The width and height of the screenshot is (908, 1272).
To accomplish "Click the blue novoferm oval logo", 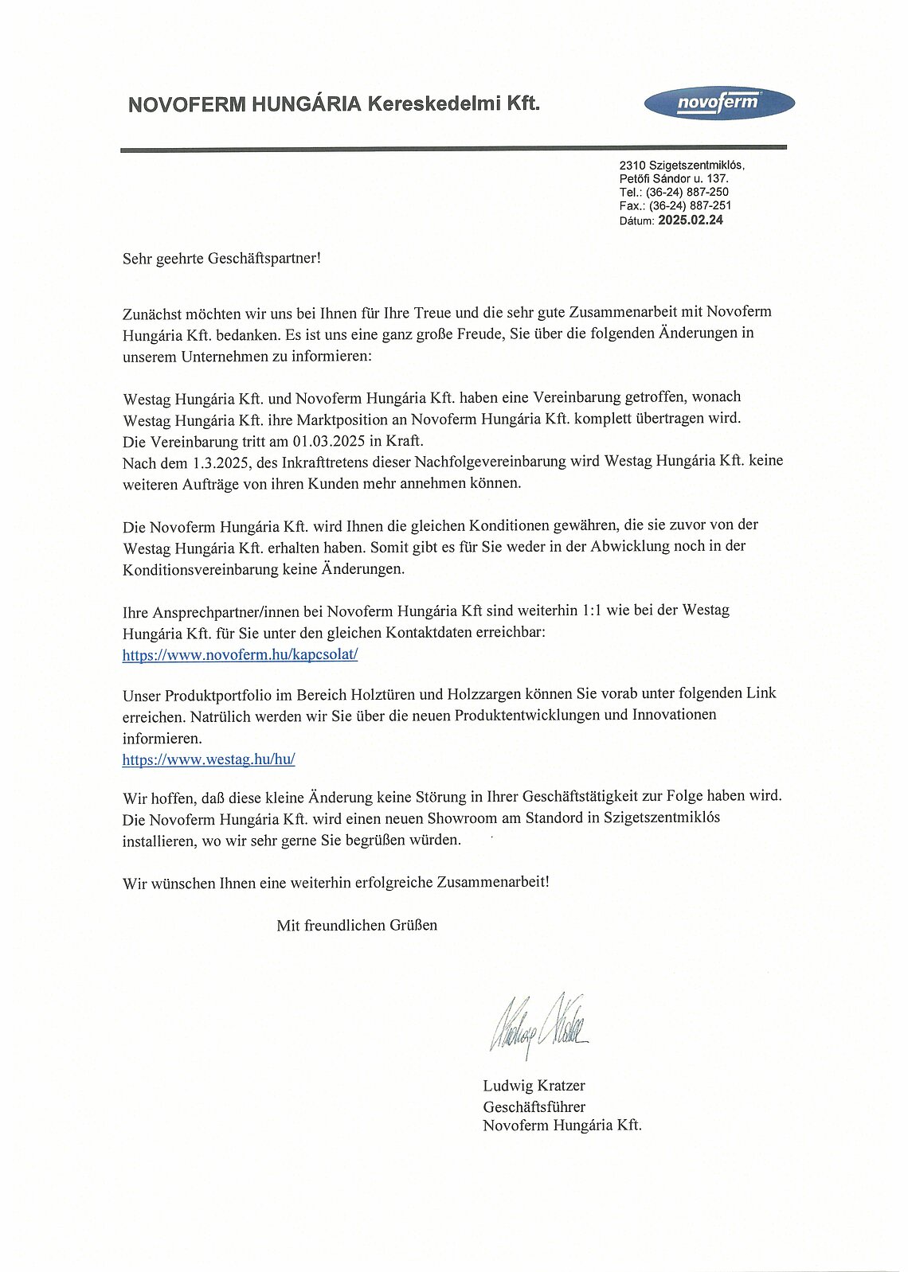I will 718,103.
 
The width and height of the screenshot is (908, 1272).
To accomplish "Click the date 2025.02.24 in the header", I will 691,220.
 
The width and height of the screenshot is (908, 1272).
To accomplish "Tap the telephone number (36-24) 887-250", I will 687,192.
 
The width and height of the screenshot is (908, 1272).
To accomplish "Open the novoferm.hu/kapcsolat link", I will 240,654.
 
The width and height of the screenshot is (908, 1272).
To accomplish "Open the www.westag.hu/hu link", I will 209,759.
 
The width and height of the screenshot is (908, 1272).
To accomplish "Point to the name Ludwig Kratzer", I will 534,1086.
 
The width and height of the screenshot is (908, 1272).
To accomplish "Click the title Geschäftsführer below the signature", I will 534,1106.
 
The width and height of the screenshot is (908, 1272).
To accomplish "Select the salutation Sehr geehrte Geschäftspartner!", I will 221,259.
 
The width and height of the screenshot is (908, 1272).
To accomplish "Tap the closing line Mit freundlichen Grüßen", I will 357,925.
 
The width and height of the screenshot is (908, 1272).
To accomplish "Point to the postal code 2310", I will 632,165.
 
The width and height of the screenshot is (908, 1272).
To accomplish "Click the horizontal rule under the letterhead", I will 453,148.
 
